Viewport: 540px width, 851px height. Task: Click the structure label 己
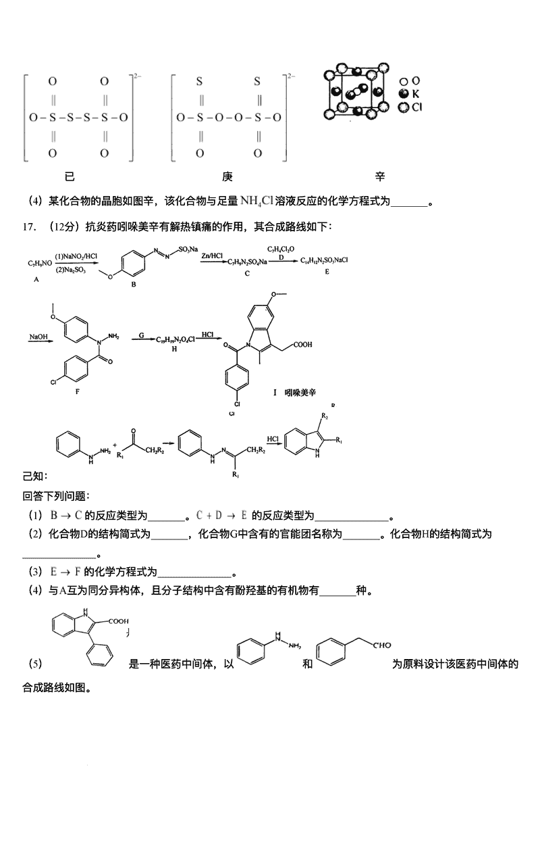[69, 177]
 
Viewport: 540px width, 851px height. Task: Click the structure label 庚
[227, 177]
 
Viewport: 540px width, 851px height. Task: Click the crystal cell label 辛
[380, 177]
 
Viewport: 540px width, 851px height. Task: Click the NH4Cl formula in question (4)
[256, 200]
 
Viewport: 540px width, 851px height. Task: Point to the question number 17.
[28, 226]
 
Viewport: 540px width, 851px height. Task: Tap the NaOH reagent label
[38, 335]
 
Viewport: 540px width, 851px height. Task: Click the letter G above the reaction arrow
[142, 335]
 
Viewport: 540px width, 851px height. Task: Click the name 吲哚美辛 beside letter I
[300, 392]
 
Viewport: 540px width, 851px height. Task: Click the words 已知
[32, 477]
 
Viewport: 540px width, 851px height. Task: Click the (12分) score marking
[63, 226]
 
